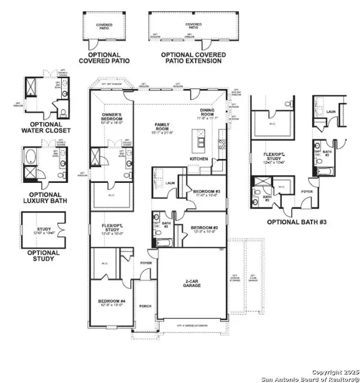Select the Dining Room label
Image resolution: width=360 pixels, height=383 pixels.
pos(209,113)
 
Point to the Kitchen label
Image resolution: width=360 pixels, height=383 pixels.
pos(199,158)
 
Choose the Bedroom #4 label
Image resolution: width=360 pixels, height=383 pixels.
pos(112,301)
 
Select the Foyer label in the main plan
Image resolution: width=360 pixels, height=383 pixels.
pos(146,263)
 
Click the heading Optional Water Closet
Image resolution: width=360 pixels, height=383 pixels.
pos(46,127)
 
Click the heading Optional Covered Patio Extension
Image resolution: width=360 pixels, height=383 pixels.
pos(193,58)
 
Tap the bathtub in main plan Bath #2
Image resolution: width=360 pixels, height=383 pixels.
pos(163,243)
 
